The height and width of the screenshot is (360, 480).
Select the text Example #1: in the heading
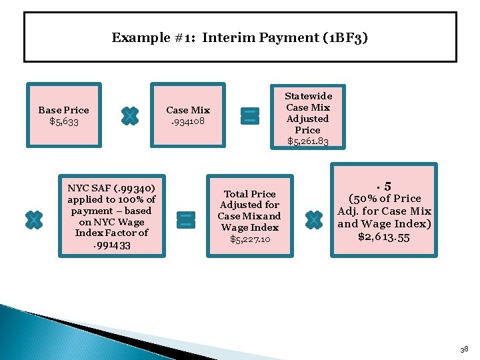tap(153, 37)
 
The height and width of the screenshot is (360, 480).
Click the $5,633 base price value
tap(63, 121)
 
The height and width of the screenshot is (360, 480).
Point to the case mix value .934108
tap(188, 121)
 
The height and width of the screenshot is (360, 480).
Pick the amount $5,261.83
tap(308, 141)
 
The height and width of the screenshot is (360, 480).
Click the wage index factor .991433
tap(112, 245)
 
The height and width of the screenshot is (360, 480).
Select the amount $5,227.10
tap(250, 239)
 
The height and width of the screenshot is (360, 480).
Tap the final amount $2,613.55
tap(385, 236)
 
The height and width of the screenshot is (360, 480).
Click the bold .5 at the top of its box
tap(384, 187)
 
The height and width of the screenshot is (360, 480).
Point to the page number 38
tap(465, 349)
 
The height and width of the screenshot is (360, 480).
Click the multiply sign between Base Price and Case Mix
tap(130, 116)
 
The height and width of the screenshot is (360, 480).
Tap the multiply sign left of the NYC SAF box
tap(33, 220)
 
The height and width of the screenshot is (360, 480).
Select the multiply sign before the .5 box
tap(313, 220)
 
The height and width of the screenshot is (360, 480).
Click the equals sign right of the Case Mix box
tap(250, 115)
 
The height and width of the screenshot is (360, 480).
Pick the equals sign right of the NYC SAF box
tap(186, 220)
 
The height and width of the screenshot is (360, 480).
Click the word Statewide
tap(308, 96)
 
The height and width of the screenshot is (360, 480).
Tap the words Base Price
tap(63, 110)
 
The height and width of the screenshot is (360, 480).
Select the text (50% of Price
tap(385, 199)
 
